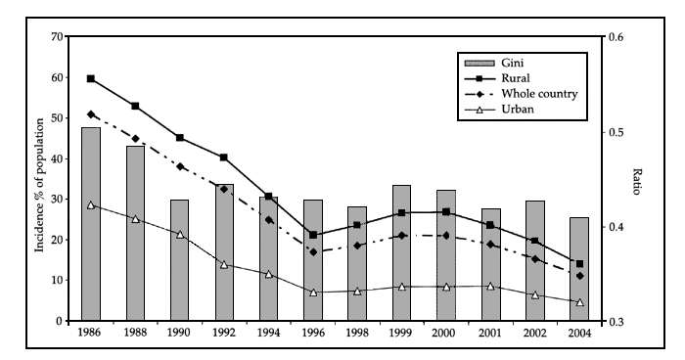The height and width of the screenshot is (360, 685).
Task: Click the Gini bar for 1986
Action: point(90,224)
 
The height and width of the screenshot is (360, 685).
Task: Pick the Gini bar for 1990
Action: point(179,260)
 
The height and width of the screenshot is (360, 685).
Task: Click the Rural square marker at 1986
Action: point(90,78)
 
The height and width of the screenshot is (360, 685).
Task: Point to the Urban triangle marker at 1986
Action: point(90,205)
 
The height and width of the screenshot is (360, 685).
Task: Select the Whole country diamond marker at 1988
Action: point(135,139)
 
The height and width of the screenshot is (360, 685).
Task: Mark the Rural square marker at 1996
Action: point(313,235)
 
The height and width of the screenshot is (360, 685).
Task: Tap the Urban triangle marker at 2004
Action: point(579,302)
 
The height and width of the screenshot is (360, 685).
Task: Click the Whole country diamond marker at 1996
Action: point(313,252)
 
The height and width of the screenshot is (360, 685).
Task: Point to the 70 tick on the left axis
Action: point(59,37)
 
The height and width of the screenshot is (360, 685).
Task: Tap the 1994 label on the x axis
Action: point(268,333)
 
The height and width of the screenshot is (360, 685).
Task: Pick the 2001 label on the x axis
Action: point(490,333)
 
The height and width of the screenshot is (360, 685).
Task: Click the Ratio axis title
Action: point(637,180)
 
